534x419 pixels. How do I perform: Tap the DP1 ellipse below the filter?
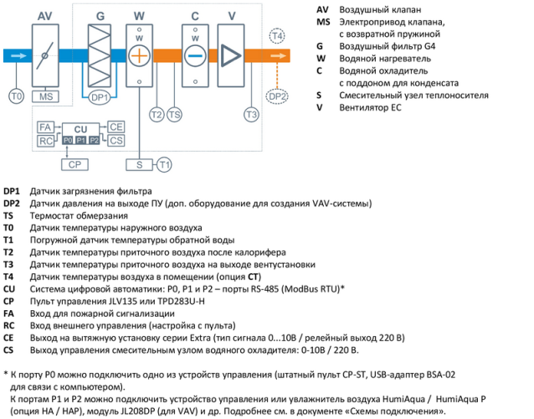[100, 98]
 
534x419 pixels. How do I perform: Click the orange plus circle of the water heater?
[140, 58]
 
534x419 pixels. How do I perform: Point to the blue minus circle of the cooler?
[195, 58]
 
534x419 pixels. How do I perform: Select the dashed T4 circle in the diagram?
[278, 35]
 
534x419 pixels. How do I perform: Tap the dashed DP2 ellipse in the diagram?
[278, 97]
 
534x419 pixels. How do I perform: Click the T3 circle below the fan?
[250, 114]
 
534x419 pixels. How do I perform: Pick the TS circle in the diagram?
[174, 114]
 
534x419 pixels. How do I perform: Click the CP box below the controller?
[75, 164]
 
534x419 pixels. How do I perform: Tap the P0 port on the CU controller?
[68, 140]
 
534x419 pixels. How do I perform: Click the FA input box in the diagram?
[46, 126]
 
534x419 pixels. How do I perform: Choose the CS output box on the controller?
[116, 140]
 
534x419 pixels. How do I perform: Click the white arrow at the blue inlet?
[17, 57]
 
